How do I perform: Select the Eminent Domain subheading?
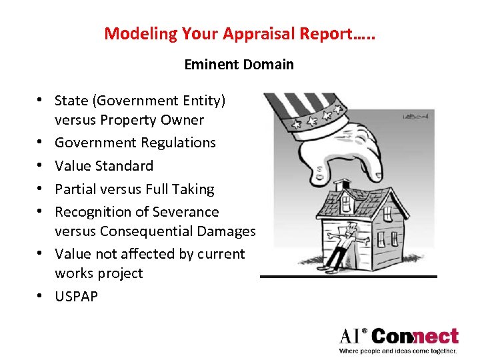(239, 65)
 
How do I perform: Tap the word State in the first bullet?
(72, 101)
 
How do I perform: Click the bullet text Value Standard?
(104, 166)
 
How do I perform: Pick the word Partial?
(77, 189)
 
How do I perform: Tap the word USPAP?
(76, 296)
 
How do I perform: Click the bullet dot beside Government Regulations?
(41, 143)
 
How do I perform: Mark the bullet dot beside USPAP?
(41, 296)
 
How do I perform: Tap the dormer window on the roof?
(346, 202)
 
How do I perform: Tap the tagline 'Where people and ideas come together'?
(398, 351)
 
